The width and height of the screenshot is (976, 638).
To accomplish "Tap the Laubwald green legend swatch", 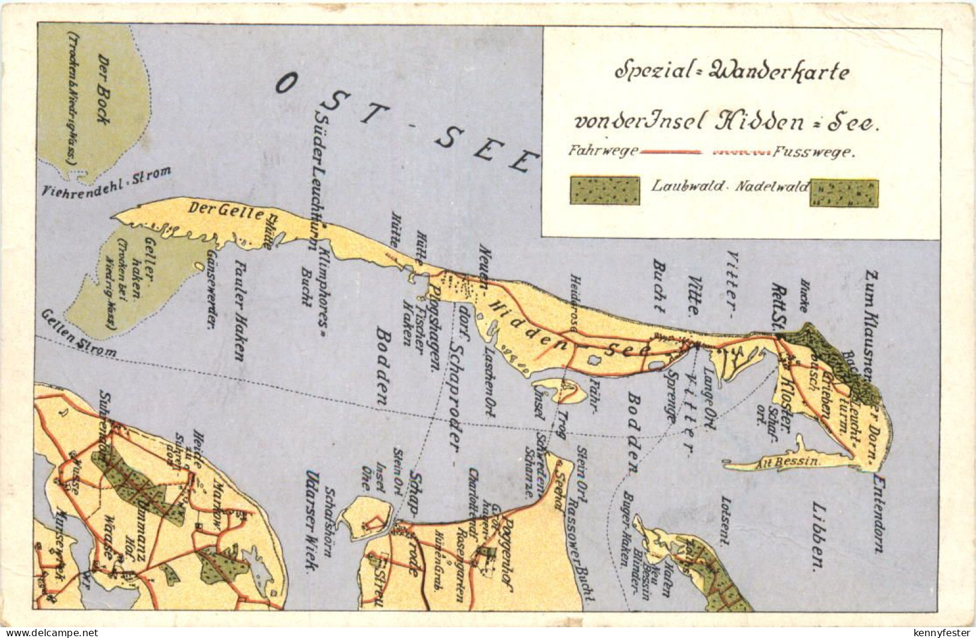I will [x=604, y=190].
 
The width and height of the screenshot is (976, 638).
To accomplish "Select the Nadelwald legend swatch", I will [x=843, y=193].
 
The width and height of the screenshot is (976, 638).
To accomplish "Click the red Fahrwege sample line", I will [x=671, y=153].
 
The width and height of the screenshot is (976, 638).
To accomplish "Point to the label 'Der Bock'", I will [x=103, y=90].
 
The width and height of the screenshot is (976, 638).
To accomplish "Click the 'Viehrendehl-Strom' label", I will [x=107, y=182].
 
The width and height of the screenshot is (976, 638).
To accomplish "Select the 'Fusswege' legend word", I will [x=813, y=153].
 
